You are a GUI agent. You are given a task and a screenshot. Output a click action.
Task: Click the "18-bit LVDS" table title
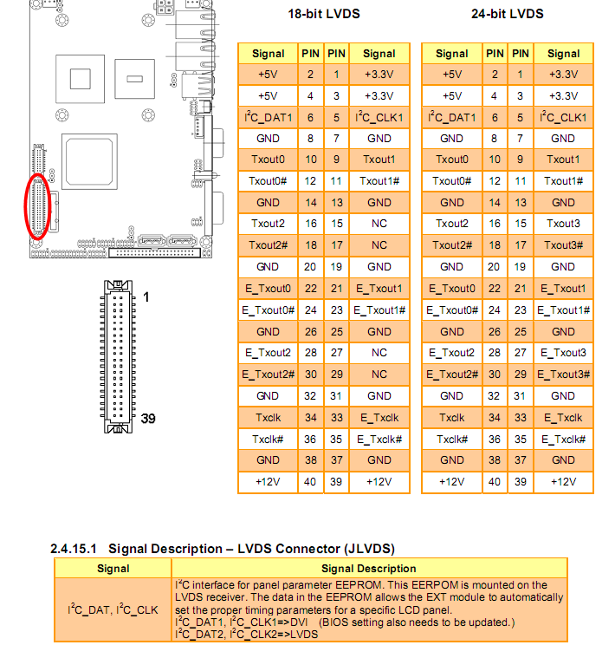(324, 14)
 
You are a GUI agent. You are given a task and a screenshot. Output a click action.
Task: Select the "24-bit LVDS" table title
(508, 14)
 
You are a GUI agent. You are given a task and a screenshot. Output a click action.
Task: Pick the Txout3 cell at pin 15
(563, 224)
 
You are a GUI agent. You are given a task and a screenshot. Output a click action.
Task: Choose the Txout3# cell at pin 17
(563, 245)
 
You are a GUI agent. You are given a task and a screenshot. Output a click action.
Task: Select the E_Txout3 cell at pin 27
(563, 353)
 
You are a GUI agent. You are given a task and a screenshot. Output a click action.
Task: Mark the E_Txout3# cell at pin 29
(563, 375)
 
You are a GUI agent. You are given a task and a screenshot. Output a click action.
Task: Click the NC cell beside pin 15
(379, 224)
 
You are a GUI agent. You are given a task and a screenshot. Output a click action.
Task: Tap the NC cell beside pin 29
(379, 375)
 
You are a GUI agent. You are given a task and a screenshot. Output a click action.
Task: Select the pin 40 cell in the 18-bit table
(311, 482)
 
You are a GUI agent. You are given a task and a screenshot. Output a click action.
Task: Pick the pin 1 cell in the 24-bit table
(521, 75)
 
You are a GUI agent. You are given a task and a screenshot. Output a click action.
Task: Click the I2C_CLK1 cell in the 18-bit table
(379, 117)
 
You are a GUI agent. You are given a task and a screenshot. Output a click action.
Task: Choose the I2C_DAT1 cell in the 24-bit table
(452, 117)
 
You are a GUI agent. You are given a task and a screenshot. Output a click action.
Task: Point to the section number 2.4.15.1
(75, 549)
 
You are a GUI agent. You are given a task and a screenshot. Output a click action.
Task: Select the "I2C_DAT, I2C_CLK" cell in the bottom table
(113, 610)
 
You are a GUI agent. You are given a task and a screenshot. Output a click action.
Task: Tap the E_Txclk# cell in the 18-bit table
(379, 439)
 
